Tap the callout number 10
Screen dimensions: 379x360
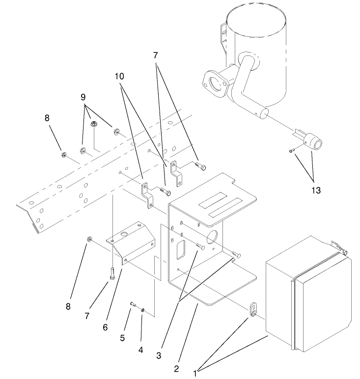(119, 77)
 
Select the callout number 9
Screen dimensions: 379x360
(83, 97)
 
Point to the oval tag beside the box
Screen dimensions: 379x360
(252, 309)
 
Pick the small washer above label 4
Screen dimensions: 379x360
(142, 310)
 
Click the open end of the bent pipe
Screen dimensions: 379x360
(263, 113)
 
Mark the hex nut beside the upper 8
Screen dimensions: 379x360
(64, 155)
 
